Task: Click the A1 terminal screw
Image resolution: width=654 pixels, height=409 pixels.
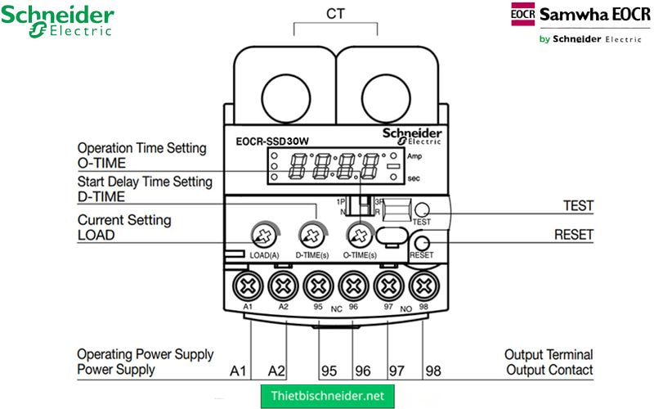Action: [246, 286]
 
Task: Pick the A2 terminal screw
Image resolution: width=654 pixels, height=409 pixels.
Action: [282, 286]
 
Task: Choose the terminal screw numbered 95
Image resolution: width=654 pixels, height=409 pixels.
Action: [318, 286]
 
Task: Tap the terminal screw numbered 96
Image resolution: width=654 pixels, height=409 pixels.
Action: [353, 286]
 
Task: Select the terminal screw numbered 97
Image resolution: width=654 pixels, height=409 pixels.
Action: [388, 286]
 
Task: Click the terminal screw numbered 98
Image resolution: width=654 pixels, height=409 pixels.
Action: [423, 286]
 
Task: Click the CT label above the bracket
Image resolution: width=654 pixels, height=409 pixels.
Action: [335, 14]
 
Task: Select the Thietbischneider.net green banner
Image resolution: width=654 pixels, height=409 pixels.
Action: [327, 396]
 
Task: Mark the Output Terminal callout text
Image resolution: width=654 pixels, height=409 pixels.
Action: [549, 355]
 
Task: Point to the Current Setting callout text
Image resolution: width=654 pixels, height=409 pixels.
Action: [124, 220]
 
